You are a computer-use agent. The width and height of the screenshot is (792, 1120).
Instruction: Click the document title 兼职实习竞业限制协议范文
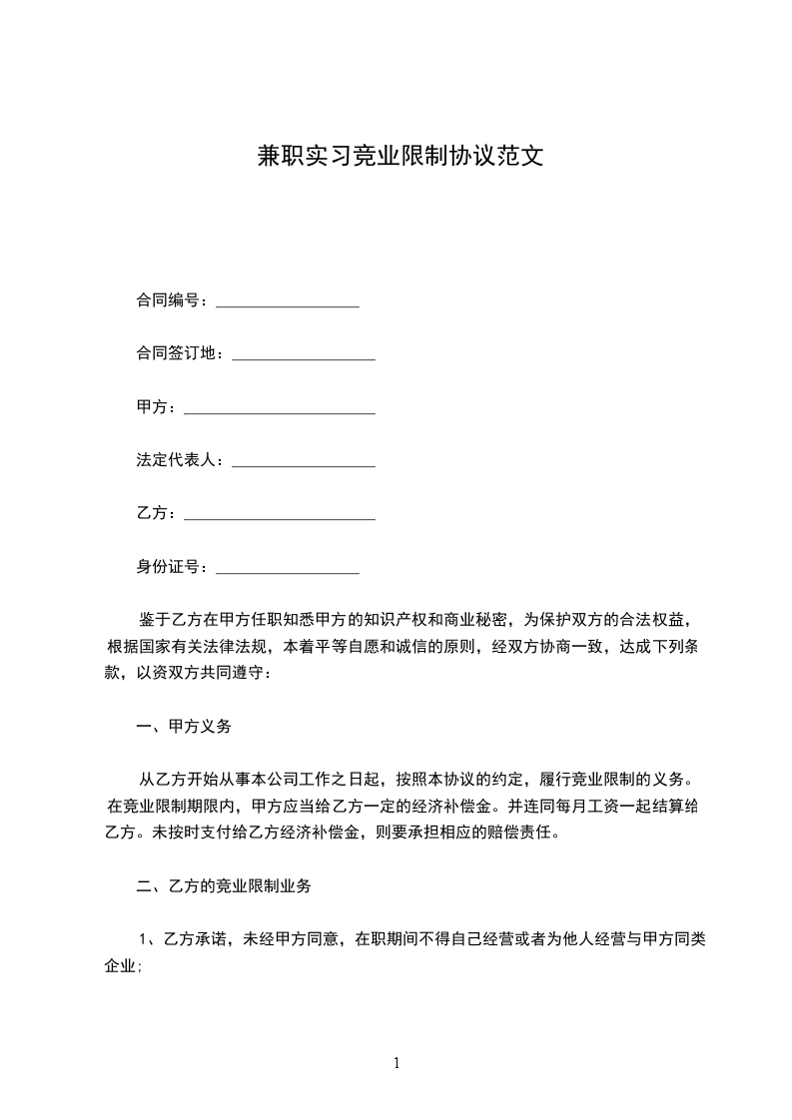coord(396,157)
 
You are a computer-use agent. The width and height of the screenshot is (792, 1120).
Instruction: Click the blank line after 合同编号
coord(287,301)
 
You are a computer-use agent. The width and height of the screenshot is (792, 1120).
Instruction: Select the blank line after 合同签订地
coord(303,354)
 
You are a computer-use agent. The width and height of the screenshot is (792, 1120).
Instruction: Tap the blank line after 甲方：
coord(280,408)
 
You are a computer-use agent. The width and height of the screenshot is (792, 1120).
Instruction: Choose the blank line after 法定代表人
coord(303,461)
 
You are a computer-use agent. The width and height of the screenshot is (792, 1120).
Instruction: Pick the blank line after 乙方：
coord(280,514)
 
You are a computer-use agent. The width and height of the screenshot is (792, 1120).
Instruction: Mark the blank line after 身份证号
coord(287,568)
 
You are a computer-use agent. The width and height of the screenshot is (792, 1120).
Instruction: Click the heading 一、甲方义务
coord(183,727)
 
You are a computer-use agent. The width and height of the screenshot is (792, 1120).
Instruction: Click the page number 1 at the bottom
coord(396,1063)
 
